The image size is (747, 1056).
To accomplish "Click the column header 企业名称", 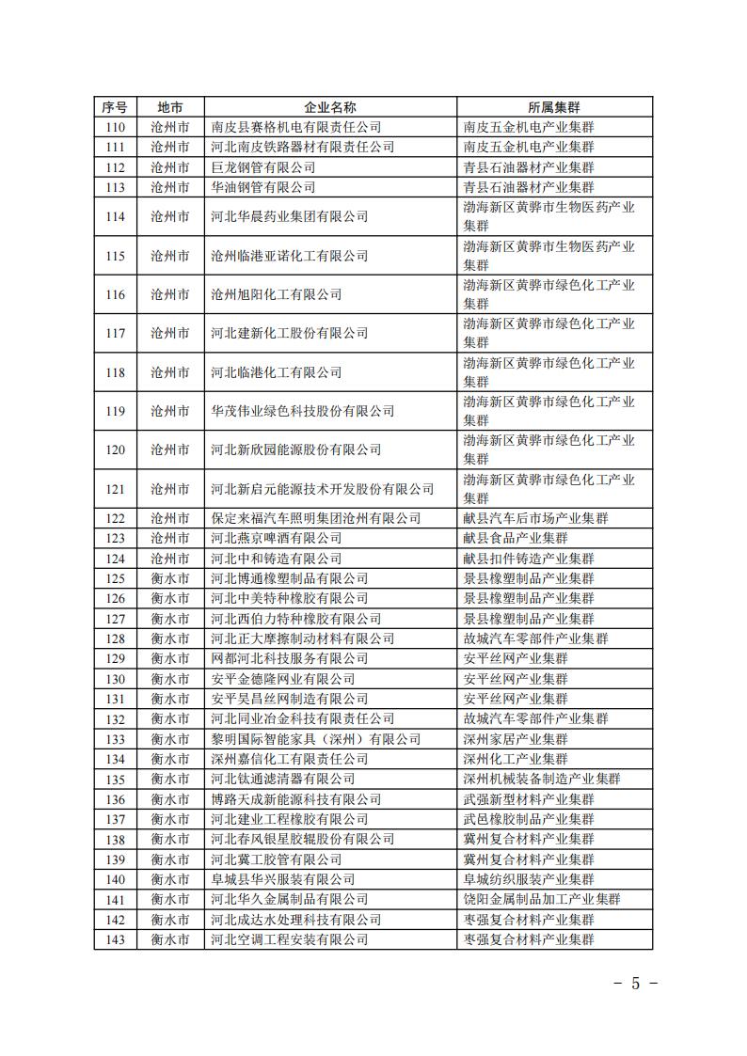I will [330, 106].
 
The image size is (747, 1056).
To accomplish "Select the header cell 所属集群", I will [548, 106].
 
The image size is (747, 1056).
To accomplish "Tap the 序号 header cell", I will [115, 106].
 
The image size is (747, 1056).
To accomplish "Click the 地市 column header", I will [170, 106].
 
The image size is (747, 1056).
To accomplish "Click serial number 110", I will [115, 127].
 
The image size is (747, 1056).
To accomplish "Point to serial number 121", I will [115, 489].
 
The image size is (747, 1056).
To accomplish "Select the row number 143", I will [115, 939].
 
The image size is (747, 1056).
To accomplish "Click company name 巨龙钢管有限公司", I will [262, 167].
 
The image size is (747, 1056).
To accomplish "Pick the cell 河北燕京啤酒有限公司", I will [276, 538].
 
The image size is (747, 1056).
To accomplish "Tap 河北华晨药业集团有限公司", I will [289, 216].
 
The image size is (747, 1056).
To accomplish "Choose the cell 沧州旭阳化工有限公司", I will [276, 294].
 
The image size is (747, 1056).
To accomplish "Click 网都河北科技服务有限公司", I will [282, 658].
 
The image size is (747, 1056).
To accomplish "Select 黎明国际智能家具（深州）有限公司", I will [316, 739].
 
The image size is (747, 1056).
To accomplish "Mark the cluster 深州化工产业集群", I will [516, 759].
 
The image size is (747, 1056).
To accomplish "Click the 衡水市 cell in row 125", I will [170, 578].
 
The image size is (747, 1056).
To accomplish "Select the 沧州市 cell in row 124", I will [170, 559].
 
